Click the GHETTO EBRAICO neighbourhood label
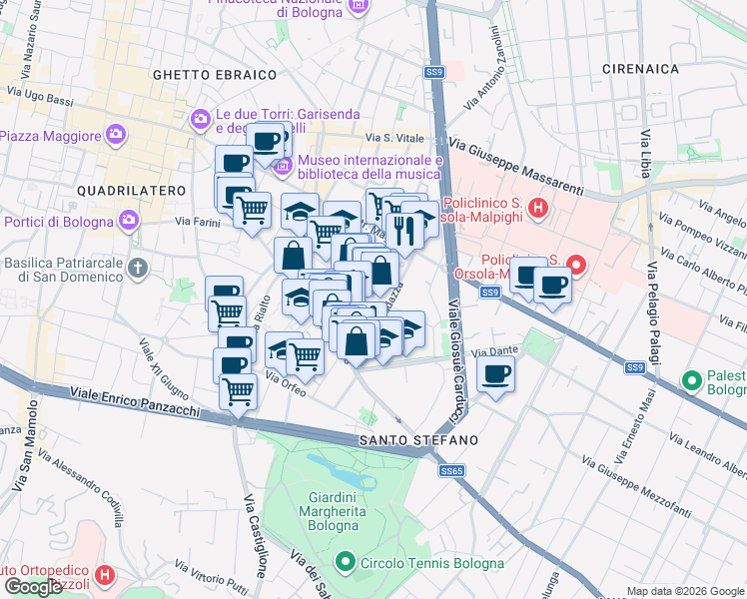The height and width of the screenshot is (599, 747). [x=214, y=75]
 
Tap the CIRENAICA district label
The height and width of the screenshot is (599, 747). [x=640, y=69]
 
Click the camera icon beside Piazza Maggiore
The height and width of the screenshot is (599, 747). [x=116, y=134]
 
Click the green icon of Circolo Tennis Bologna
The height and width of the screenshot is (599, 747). [x=347, y=563]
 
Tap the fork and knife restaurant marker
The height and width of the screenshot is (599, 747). [x=404, y=231]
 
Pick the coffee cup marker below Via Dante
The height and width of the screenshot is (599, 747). [x=496, y=374]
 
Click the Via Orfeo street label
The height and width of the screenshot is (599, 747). [x=286, y=384]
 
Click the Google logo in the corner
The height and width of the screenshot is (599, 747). [x=33, y=587]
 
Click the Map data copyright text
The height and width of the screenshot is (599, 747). [x=685, y=591]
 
